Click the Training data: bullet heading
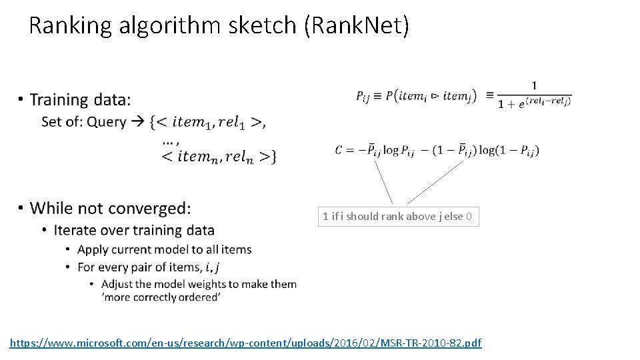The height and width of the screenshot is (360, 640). [80, 100]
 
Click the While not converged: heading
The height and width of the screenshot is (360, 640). [110, 208]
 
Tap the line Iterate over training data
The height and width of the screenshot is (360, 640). [134, 230]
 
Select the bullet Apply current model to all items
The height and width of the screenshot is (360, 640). [164, 249]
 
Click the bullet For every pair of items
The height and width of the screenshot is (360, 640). [148, 267]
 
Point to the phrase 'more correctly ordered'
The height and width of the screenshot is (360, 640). [161, 297]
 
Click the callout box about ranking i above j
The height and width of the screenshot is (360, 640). [398, 216]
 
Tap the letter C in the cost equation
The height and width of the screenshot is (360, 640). [340, 150]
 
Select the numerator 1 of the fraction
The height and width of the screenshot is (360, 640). [534, 85]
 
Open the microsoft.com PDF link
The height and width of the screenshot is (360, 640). [245, 343]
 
